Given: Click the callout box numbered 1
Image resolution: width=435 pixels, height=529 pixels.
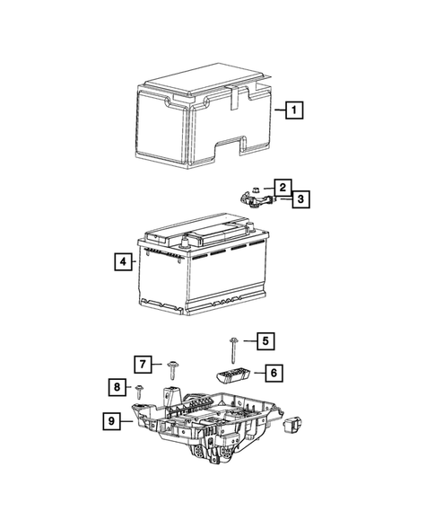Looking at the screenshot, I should (293, 110).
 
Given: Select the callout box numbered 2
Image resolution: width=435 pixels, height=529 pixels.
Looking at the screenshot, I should (283, 186).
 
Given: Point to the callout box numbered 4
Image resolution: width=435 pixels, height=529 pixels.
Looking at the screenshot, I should (121, 262).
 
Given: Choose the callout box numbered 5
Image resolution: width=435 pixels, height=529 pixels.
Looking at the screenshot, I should (265, 340).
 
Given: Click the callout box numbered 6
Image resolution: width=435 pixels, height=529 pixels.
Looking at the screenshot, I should (274, 370).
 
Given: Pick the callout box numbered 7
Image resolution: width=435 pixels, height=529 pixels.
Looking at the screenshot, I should (144, 364).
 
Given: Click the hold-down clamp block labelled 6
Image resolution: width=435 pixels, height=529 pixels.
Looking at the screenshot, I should (232, 375).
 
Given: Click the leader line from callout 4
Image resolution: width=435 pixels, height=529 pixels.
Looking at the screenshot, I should (133, 262).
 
